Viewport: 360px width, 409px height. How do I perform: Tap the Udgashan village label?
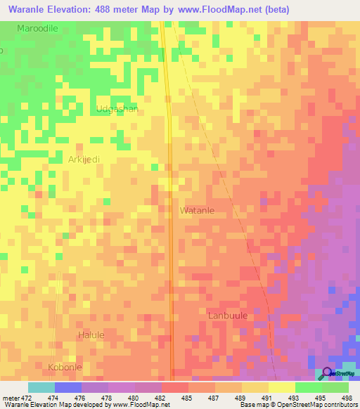tap(117, 109)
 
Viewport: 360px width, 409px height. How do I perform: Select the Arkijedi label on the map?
tap(84, 160)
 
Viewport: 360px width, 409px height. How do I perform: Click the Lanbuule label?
tap(228, 316)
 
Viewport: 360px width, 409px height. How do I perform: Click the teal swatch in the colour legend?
tap(41, 387)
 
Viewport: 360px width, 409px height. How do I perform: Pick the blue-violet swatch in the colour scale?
tap(68, 387)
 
